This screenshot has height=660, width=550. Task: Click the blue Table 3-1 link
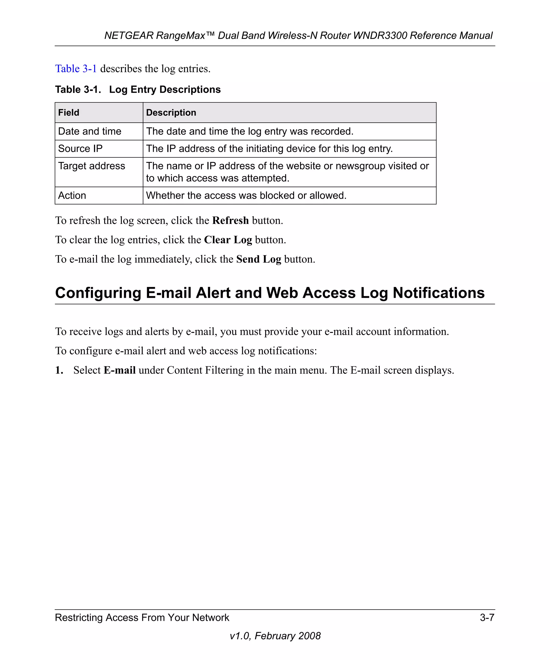point(76,68)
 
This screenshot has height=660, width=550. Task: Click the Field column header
point(69,113)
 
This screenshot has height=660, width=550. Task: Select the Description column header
point(171,113)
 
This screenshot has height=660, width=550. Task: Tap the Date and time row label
point(90,131)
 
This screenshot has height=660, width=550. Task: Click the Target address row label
point(92,166)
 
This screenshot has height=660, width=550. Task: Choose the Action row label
point(72,195)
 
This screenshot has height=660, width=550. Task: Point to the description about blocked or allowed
point(246,195)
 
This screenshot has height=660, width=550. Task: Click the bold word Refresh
point(230,221)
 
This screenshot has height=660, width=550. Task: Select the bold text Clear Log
point(228,240)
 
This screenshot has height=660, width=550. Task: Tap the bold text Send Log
point(259,259)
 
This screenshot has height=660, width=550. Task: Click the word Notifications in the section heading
point(439,293)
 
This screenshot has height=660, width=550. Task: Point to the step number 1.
point(59,370)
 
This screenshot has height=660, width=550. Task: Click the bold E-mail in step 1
point(120,370)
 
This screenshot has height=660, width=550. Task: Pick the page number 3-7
point(487,618)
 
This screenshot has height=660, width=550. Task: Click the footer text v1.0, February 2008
point(275,636)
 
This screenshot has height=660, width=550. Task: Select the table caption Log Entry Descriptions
point(165,90)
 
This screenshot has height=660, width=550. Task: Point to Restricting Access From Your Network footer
point(142,618)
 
